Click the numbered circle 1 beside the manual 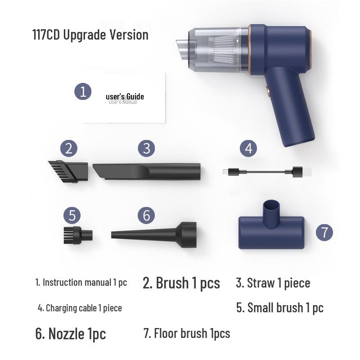pos(83,91)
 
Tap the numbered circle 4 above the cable pos(249,148)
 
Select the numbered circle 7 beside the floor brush pos(324,232)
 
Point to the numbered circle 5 pos(72,215)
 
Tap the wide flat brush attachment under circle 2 pos(68,171)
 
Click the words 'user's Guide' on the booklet pos(125,96)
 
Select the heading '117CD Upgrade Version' pos(90,35)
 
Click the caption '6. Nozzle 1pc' pos(70,333)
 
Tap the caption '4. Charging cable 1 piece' pos(80,308)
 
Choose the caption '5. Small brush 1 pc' pos(279,308)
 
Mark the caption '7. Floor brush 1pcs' pos(187,333)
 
